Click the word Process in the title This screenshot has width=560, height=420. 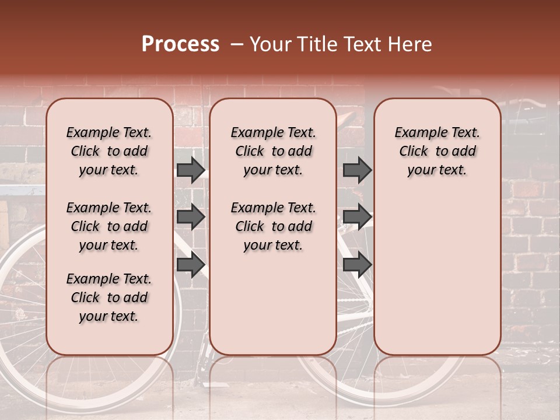[x=180, y=44]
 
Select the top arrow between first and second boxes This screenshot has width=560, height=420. [x=191, y=170]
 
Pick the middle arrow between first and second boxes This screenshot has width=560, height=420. [x=191, y=217]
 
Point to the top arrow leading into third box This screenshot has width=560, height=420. [x=357, y=170]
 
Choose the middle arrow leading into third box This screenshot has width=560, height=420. [x=357, y=217]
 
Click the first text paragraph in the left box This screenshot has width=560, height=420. [x=109, y=151]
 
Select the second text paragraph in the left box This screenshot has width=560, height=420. [x=109, y=226]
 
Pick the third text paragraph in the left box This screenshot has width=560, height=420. [x=109, y=297]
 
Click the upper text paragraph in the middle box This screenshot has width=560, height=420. [x=273, y=151]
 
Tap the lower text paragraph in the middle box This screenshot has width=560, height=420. [x=273, y=226]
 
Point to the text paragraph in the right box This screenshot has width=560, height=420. [x=437, y=151]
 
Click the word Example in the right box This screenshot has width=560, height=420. [x=418, y=133]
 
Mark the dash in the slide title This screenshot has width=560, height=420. [x=236, y=44]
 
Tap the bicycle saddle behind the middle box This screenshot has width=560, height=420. [x=344, y=120]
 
